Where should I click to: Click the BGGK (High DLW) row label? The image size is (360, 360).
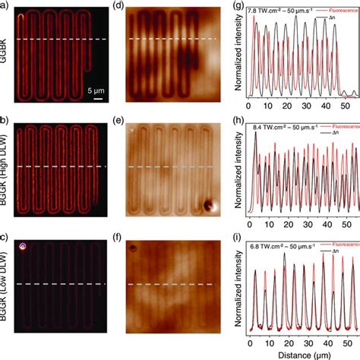(7, 169)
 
